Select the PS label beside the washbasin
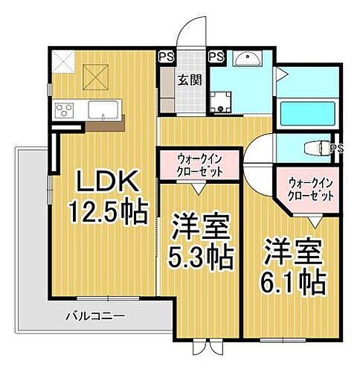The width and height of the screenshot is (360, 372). (x=216, y=56)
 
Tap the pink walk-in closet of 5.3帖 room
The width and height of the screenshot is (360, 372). (x=199, y=163)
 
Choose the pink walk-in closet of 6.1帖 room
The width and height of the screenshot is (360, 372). (x=312, y=187)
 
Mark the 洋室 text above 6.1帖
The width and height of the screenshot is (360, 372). (x=292, y=250)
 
